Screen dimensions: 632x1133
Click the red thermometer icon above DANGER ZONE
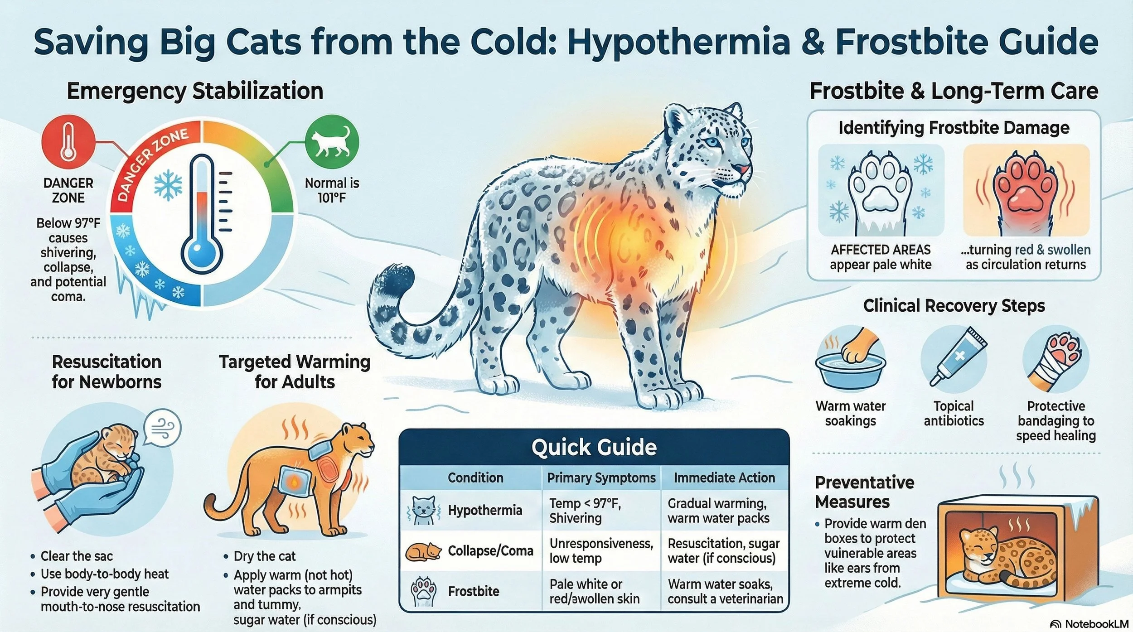click(68, 141)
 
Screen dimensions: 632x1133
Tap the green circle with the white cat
click(332, 141)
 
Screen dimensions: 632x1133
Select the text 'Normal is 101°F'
click(332, 190)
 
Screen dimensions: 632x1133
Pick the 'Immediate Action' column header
click(724, 478)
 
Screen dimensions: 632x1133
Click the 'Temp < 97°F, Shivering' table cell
click(585, 511)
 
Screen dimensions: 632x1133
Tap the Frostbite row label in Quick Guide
click(474, 591)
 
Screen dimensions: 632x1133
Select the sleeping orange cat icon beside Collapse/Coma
click(423, 551)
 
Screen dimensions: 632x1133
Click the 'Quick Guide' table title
click(594, 448)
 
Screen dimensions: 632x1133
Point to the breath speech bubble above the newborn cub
click(162, 428)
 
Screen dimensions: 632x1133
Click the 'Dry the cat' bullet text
click(264, 556)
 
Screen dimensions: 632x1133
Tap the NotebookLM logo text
click(1094, 624)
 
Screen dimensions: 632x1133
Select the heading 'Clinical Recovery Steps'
click(954, 306)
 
